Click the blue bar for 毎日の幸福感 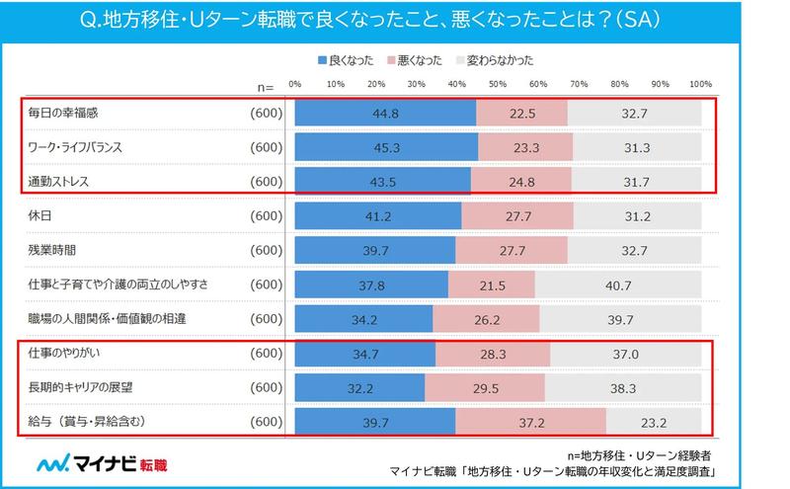point(385,113)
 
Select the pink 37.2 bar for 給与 point(529,422)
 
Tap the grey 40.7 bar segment point(617,285)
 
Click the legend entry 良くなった point(349,60)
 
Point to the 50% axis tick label point(498,82)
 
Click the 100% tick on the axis point(699,82)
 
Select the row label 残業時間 point(52,250)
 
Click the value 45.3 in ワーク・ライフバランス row point(386,147)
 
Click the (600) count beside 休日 point(266,215)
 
